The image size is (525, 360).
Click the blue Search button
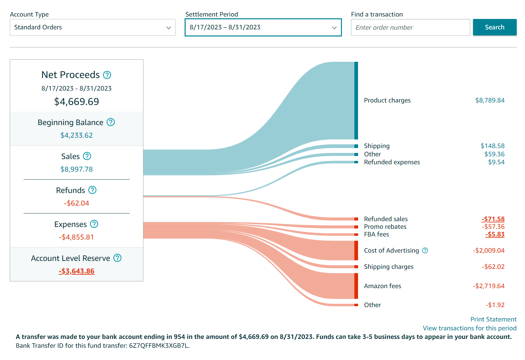coord(494,27)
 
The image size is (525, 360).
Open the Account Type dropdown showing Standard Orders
coord(92,27)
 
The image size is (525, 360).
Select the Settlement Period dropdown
coord(263,27)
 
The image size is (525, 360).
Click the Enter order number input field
coord(410,27)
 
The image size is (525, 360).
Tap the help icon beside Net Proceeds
coord(107,75)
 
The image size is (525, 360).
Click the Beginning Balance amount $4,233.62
coord(76,135)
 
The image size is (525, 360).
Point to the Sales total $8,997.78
coord(76,169)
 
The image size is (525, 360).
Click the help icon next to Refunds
coord(92,190)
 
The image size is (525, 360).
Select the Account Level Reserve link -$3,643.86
coord(76,271)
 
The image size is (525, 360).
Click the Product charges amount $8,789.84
coord(490,100)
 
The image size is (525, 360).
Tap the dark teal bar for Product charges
coord(356,100)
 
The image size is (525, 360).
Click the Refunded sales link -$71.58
coord(493,219)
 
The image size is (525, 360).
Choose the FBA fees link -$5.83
coord(495,234)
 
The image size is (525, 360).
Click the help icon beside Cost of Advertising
coord(425,251)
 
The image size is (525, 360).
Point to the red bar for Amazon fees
coord(356,286)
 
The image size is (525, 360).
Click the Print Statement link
coord(493,319)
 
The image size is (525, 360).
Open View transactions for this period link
coord(469,328)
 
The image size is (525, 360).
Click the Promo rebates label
coord(385,227)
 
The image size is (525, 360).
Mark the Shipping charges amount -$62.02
coord(493,267)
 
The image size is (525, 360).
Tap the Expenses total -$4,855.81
coord(76,237)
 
